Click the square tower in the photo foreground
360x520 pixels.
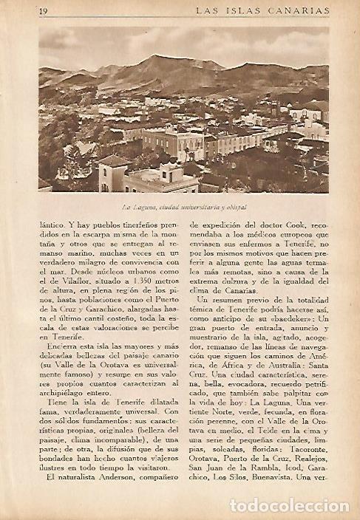(x=114, y=173)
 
